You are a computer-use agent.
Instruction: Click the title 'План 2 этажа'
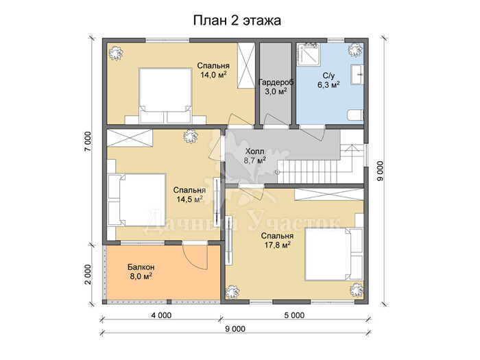[237, 21]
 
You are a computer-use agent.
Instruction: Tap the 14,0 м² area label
[213, 74]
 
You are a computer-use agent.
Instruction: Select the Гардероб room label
[276, 82]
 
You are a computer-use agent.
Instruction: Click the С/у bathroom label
[328, 75]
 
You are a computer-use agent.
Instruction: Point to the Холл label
[254, 152]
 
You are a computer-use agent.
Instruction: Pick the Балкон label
[141, 267]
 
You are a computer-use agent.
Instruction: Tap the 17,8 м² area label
[277, 245]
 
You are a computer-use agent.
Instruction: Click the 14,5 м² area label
[189, 200]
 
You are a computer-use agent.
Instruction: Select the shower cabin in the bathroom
[309, 55]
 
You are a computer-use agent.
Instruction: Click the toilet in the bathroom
[355, 115]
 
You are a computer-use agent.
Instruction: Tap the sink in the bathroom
[357, 74]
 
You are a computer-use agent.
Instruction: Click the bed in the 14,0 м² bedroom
[165, 96]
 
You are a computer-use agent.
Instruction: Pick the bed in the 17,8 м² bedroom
[334, 254]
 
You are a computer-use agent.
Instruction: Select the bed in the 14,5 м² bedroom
[136, 200]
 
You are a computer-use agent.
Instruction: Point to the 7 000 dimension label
[88, 141]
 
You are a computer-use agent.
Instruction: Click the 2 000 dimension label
[88, 274]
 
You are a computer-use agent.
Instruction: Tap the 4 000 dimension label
[161, 315]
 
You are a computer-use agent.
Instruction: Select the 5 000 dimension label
[294, 315]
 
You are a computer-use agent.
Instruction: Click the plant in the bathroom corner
[355, 49]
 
